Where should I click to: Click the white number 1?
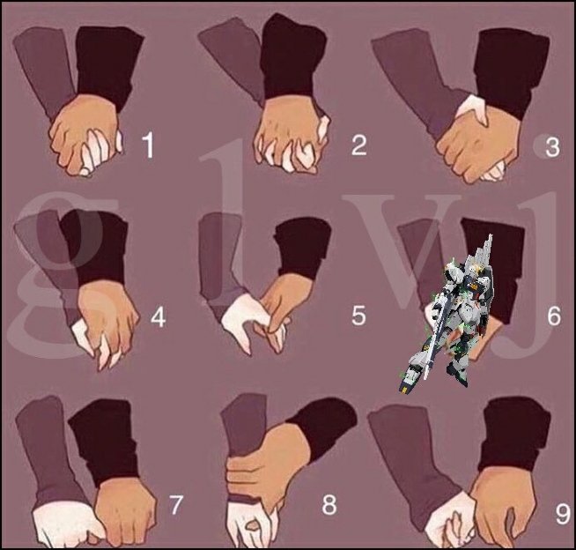(148, 145)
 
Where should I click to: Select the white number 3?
(552, 147)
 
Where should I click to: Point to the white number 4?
(158, 316)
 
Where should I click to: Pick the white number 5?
(358, 315)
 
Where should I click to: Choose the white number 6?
(554, 315)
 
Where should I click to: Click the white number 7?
(175, 504)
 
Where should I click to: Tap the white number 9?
(563, 514)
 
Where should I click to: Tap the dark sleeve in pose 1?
(107, 65)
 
